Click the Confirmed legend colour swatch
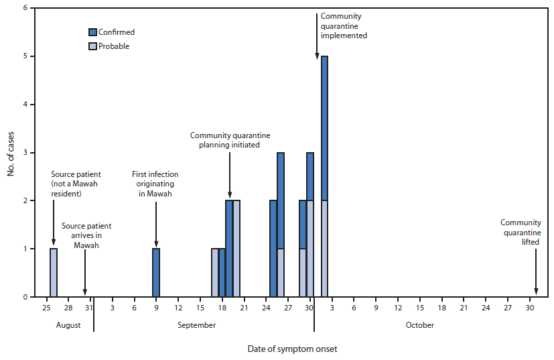pyautogui.click(x=92, y=32)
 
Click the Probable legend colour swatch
pyautogui.click(x=92, y=46)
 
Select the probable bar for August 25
pyautogui.click(x=54, y=273)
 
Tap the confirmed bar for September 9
pyautogui.click(x=156, y=273)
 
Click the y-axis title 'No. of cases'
pyautogui.click(x=11, y=152)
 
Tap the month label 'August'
pyautogui.click(x=68, y=325)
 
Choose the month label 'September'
pyautogui.click(x=197, y=325)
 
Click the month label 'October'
pyautogui.click(x=420, y=325)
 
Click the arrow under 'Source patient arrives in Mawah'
pyautogui.click(x=85, y=272)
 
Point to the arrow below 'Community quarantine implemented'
pyautogui.click(x=317, y=50)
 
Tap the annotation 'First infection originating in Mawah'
pyautogui.click(x=155, y=184)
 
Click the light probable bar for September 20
pyautogui.click(x=236, y=249)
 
